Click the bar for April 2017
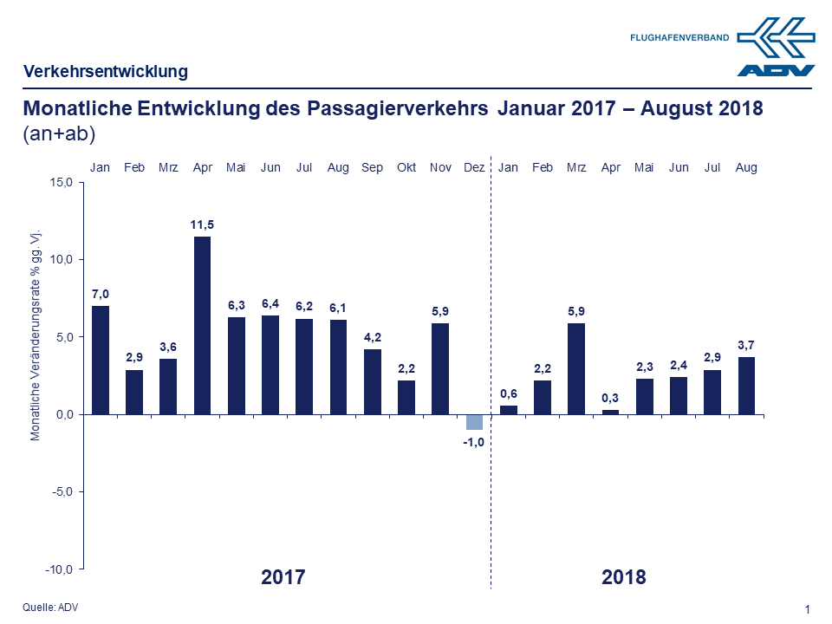pyautogui.click(x=202, y=325)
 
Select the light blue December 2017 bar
pyautogui.click(x=474, y=422)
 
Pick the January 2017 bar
pyautogui.click(x=100, y=360)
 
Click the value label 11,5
pyautogui.click(x=202, y=225)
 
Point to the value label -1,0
pyautogui.click(x=474, y=442)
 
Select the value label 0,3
pyautogui.click(x=611, y=398)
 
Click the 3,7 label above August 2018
pyautogui.click(x=746, y=346)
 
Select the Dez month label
pyautogui.click(x=474, y=167)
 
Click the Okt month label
pyautogui.click(x=406, y=167)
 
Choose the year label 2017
pyautogui.click(x=283, y=577)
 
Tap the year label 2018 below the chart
pyautogui.click(x=624, y=577)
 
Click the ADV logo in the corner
pyautogui.click(x=777, y=49)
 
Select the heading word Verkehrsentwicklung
pyautogui.click(x=106, y=72)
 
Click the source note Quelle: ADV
pyautogui.click(x=50, y=608)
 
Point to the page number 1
pyautogui.click(x=808, y=609)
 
